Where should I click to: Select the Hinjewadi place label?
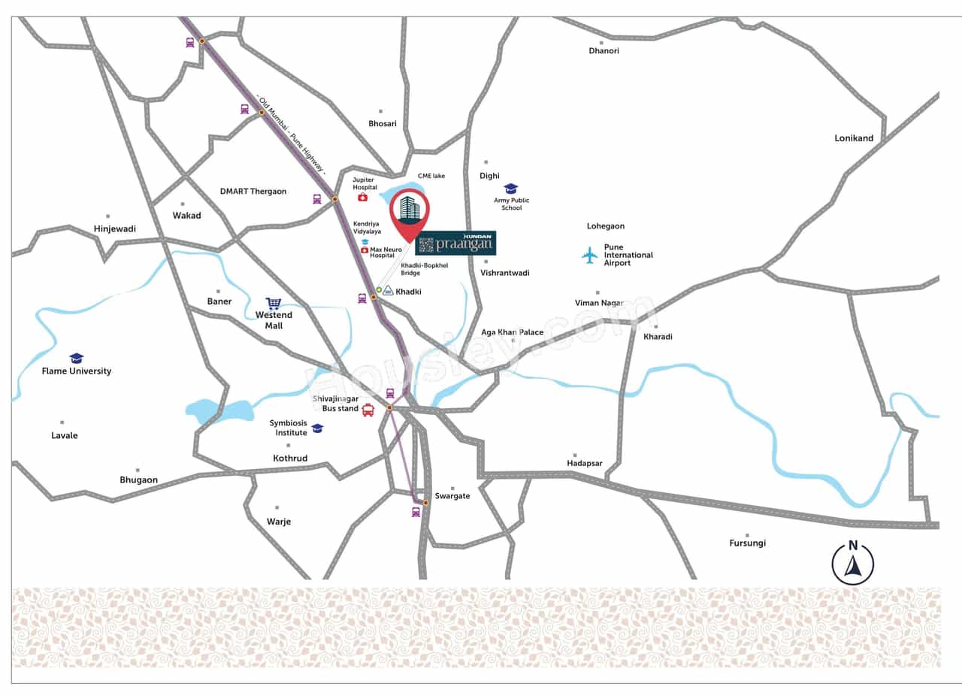point(115,228)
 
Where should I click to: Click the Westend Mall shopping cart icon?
point(274,304)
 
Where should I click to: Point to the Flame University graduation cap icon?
point(76,359)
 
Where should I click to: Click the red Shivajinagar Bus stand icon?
point(368,410)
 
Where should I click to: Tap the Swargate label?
point(452,496)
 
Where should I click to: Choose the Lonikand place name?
point(854,138)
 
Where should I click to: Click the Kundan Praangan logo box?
point(455,243)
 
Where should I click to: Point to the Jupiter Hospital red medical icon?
point(362,197)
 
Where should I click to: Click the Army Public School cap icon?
point(511,188)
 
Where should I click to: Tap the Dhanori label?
point(604,51)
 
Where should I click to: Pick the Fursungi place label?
point(747,543)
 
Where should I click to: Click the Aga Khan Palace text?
point(512,332)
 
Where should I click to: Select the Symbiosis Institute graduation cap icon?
point(317,428)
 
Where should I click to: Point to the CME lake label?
point(431,176)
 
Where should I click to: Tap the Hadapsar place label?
point(585,464)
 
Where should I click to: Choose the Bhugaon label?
point(139,480)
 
